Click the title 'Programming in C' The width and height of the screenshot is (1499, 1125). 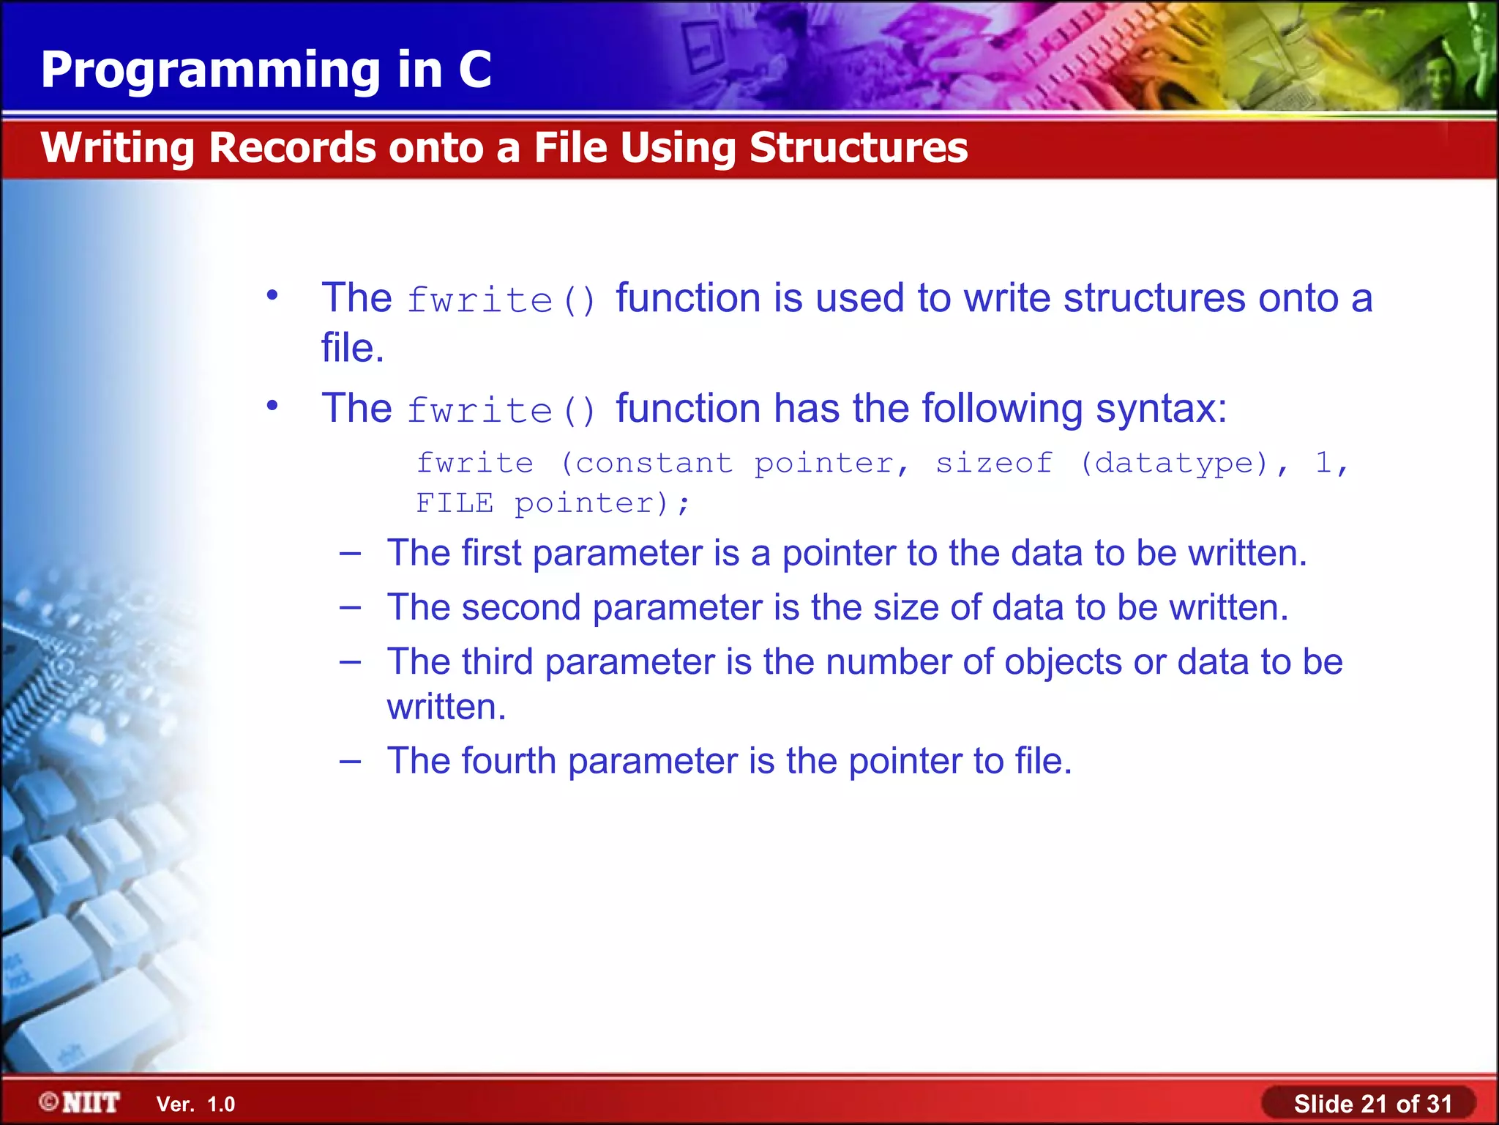click(x=266, y=70)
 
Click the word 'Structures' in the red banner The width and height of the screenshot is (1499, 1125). click(x=858, y=147)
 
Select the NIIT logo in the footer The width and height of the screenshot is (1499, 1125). click(x=80, y=1102)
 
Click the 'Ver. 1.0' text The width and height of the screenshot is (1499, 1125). click(x=195, y=1104)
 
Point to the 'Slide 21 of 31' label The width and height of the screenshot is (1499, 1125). click(x=1372, y=1103)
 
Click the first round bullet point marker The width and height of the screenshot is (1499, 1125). click(x=272, y=296)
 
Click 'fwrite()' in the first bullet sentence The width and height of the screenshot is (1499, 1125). click(x=502, y=300)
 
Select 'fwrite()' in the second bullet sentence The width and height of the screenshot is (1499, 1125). click(x=502, y=410)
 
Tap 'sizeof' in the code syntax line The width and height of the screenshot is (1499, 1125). click(x=994, y=463)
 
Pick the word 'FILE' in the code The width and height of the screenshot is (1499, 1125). click(x=455, y=503)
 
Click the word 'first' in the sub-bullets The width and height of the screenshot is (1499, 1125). click(x=491, y=552)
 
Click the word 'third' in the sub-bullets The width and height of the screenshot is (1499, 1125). click(x=497, y=661)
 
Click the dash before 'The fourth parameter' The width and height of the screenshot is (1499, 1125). click(x=350, y=761)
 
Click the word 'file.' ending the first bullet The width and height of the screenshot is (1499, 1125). click(x=352, y=348)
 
